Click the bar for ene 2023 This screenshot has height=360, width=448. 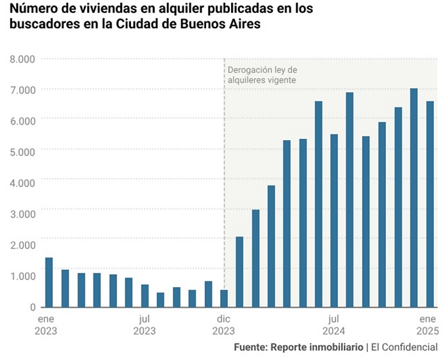(49, 282)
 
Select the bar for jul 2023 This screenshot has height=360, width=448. (145, 295)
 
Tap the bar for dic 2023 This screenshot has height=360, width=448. (224, 298)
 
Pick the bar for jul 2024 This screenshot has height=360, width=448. (334, 221)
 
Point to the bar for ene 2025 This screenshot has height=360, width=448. (430, 204)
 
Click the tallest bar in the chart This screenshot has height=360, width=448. (414, 198)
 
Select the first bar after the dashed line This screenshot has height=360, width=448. (239, 272)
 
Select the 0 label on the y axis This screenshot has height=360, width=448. (31, 307)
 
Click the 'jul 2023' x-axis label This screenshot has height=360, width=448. (145, 324)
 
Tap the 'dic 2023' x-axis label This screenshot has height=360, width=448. (223, 324)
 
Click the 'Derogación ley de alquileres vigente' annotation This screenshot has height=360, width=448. (262, 75)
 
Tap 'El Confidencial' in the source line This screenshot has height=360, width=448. (404, 347)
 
